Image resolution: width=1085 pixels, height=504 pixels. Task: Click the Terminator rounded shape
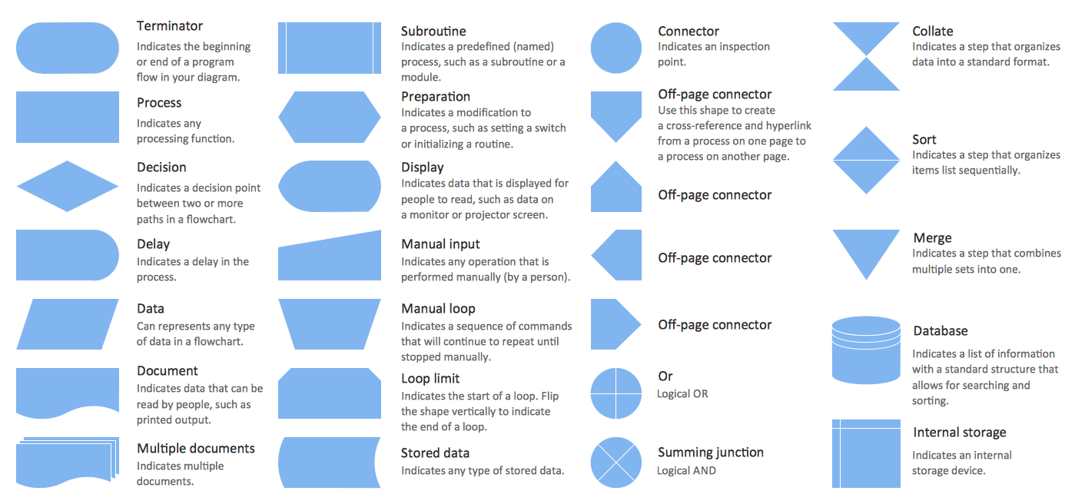click(x=68, y=48)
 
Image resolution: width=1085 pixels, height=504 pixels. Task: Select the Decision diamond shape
click(x=68, y=187)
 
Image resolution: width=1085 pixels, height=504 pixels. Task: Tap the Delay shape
click(x=68, y=255)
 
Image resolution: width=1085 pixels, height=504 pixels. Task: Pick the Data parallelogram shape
click(x=68, y=324)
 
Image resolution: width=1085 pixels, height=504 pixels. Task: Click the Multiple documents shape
click(x=68, y=463)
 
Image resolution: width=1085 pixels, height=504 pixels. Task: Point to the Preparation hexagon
click(x=330, y=117)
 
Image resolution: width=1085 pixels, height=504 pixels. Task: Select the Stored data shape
click(x=330, y=463)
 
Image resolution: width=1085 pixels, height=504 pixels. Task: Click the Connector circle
click(x=616, y=48)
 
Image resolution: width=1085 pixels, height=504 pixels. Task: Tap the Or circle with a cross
click(x=616, y=393)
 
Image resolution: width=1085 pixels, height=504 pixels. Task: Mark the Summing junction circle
click(x=616, y=463)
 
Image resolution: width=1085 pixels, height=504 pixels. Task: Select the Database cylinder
click(x=866, y=350)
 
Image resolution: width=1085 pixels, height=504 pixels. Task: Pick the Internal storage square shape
click(x=866, y=453)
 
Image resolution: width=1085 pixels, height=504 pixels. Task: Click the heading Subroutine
click(x=433, y=31)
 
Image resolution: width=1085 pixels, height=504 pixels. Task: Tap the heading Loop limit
click(x=430, y=379)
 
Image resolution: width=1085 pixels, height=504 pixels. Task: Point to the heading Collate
click(x=932, y=31)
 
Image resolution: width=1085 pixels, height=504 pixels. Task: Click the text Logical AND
click(x=686, y=471)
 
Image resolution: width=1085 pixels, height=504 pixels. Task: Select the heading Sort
click(x=924, y=139)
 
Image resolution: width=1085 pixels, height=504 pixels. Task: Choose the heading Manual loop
click(x=438, y=309)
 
